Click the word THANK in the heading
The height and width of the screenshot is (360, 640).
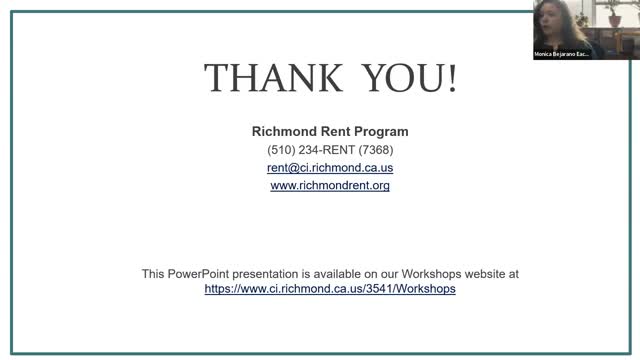pyautogui.click(x=263, y=77)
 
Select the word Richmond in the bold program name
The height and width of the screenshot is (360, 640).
pyautogui.click(x=284, y=131)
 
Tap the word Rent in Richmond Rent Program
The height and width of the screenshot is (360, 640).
pyautogui.click(x=335, y=131)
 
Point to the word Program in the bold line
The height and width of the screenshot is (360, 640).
pyautogui.click(x=381, y=131)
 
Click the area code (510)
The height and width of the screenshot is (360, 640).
pyautogui.click(x=282, y=150)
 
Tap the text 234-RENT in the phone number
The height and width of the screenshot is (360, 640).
pyautogui.click(x=328, y=150)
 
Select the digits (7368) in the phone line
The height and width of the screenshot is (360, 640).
pyautogui.click(x=376, y=150)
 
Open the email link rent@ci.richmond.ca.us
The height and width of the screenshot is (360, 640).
pyautogui.click(x=330, y=168)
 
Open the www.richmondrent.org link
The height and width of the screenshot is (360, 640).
pyautogui.click(x=330, y=185)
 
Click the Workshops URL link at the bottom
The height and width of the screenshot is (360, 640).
pyautogui.click(x=330, y=288)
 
